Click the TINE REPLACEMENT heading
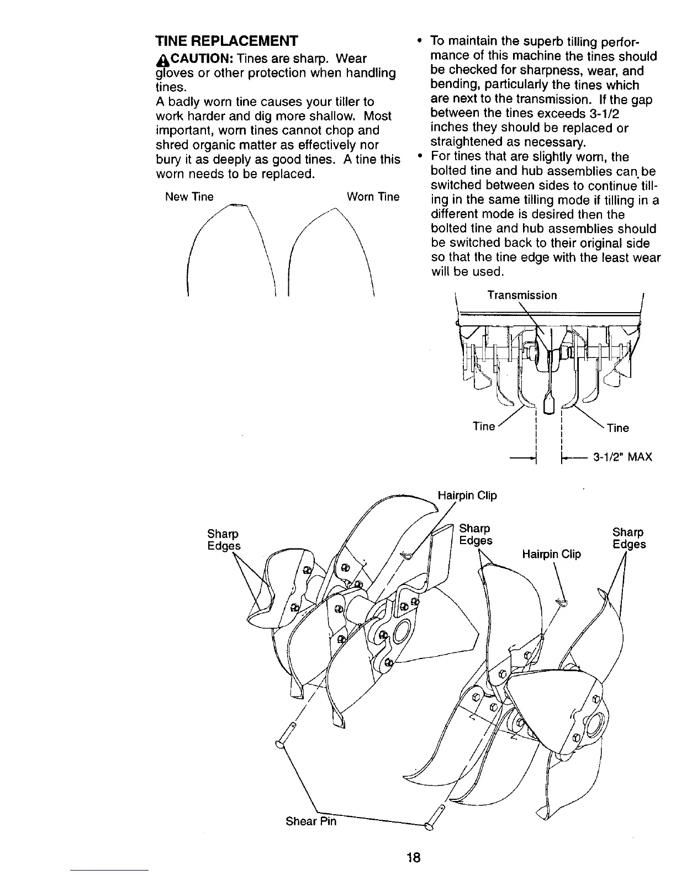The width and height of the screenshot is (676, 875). (x=226, y=41)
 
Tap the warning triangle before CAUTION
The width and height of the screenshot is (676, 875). (x=161, y=59)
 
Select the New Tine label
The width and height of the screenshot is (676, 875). (x=189, y=197)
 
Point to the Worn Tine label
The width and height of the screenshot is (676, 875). (x=373, y=197)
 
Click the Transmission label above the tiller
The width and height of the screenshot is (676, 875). (x=521, y=295)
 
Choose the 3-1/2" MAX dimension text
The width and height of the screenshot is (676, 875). (x=622, y=457)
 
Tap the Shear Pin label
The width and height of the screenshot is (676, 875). (x=311, y=821)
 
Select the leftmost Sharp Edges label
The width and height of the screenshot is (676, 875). (x=224, y=540)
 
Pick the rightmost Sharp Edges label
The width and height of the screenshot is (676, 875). (x=629, y=538)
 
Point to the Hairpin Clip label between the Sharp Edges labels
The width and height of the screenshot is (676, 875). (x=551, y=554)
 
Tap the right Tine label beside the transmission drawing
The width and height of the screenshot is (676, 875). (x=617, y=428)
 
